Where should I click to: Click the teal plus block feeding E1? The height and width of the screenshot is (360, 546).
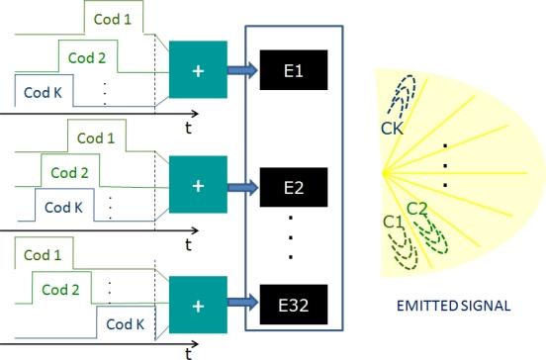pyautogui.click(x=199, y=70)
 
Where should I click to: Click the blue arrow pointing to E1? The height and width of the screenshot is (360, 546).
pyautogui.click(x=243, y=70)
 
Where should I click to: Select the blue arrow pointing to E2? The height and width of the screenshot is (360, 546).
pyautogui.click(x=243, y=185)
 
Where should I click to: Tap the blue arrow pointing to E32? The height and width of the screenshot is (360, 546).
pyautogui.click(x=243, y=298)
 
